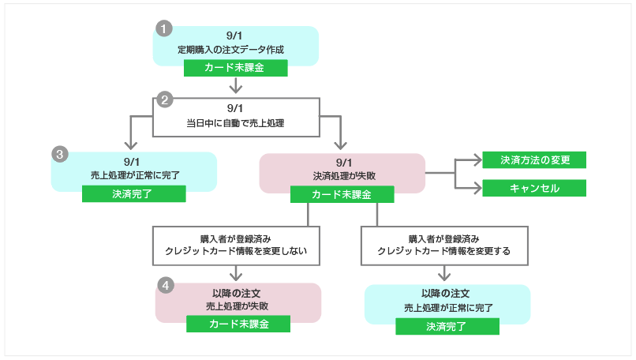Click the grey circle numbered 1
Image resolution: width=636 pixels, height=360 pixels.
pos(164,29)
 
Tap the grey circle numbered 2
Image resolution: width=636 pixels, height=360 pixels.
pos(165,99)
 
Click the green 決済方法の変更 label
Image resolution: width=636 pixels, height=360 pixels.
pos(534,159)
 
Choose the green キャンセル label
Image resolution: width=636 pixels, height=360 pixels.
pos(534,189)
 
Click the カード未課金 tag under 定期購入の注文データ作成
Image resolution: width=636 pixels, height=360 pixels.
pos(235,68)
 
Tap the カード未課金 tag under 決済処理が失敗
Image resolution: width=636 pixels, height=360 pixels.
pos(342,193)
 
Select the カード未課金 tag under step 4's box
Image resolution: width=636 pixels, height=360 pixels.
pos(238,324)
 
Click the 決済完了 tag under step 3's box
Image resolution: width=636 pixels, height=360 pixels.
pos(133,193)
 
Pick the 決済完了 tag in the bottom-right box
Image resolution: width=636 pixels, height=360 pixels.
pos(447,326)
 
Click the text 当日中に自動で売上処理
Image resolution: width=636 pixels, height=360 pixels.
pos(235,123)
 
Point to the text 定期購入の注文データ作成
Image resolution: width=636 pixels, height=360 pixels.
pos(235,50)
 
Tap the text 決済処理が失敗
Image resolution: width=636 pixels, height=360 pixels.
pos(342,175)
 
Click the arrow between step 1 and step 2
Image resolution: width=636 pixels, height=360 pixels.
pos(235,85)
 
